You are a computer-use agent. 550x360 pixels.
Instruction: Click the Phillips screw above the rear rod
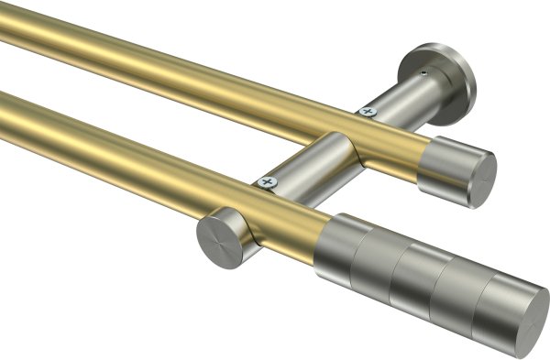pos(368,111)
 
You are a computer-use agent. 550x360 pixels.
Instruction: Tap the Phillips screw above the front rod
pos(269,182)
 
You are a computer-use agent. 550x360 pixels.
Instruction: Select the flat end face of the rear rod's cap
pos(478,179)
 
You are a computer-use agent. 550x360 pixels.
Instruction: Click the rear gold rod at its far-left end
pos(14,27)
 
